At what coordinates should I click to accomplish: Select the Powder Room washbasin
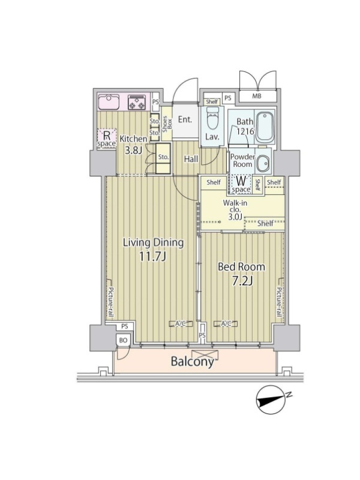pos(262,164)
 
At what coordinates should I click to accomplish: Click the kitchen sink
pos(109,102)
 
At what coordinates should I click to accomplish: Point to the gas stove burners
pos(137,102)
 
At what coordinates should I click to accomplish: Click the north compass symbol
pos(272,399)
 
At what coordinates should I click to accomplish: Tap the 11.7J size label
pos(152,257)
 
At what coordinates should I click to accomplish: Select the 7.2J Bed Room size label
pos(242,281)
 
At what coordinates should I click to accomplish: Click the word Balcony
pos(192,362)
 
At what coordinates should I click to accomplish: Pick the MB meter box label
pos(257,96)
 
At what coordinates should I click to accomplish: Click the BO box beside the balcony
pos(123,340)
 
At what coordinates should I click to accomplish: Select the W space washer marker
pos(241,184)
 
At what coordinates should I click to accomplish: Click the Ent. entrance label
pos(185,119)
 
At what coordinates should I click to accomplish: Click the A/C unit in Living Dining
pos(181,323)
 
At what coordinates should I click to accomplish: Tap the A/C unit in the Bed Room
pos(226,323)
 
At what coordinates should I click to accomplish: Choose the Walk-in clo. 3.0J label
pos(235,210)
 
